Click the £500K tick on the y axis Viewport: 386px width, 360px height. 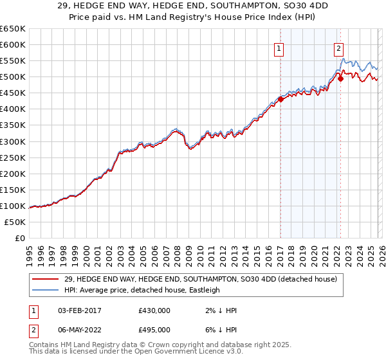(x=13, y=77)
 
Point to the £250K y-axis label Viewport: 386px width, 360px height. (x=13, y=157)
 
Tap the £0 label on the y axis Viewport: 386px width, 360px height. (x=21, y=238)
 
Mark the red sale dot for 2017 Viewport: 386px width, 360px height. (x=280, y=99)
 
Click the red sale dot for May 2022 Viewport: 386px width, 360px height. (x=340, y=78)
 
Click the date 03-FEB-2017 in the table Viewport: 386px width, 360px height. (x=76, y=310)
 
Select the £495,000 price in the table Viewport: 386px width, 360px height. (x=154, y=330)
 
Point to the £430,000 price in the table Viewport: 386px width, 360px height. (x=154, y=310)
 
